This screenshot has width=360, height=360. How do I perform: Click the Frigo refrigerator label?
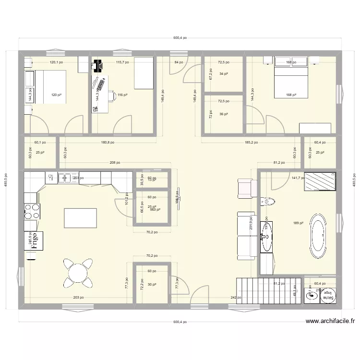[34, 241]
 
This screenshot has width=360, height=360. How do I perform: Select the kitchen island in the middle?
[80, 218]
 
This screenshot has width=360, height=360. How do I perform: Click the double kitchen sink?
[65, 178]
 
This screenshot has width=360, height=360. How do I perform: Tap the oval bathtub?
[317, 235]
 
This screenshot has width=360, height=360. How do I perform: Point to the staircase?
[269, 290]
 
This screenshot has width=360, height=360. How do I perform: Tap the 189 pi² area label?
[297, 223]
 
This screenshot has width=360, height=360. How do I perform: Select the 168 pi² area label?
[289, 95]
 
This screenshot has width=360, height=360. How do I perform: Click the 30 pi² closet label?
[152, 285]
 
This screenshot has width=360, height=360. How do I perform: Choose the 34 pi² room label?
[223, 74]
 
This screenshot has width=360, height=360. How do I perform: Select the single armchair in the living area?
[245, 187]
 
